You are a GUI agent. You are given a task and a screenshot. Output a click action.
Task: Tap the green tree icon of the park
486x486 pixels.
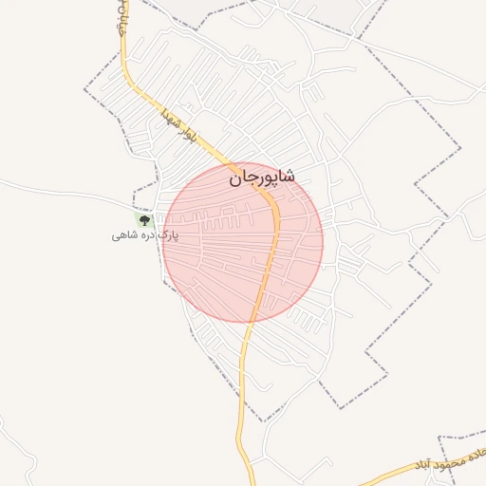click(x=144, y=220)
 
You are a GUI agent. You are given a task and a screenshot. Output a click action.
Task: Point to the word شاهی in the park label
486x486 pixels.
click(x=123, y=234)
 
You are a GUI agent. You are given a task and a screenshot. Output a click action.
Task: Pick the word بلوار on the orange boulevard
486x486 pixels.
click(x=186, y=139)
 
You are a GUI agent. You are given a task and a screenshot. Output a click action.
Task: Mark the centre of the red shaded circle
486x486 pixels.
click(x=243, y=241)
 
